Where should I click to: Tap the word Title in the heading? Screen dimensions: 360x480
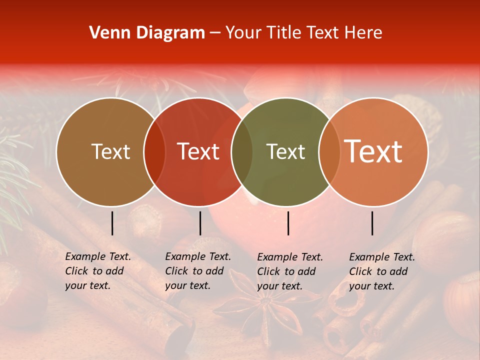[x=283, y=33]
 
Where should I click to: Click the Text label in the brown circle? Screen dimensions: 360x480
[x=110, y=151]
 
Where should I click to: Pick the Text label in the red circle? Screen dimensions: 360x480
[x=198, y=151]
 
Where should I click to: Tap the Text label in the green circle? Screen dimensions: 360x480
[x=286, y=151]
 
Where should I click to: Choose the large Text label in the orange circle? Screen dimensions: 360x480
[x=373, y=151]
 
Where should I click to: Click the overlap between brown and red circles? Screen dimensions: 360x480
[x=154, y=151]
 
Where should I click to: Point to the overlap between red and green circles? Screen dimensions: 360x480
[x=242, y=151]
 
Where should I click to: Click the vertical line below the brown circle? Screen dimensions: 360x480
[x=112, y=223]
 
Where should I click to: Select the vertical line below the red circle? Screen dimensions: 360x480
[x=200, y=223]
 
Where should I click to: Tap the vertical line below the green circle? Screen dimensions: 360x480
[x=288, y=223]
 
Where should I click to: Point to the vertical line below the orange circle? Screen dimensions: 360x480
[x=372, y=223]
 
